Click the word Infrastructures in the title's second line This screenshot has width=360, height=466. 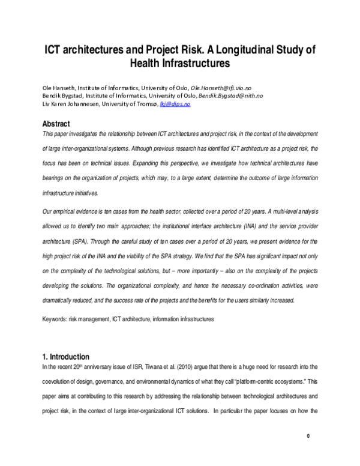coord(194,62)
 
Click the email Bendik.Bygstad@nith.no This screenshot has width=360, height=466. coord(230,95)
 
